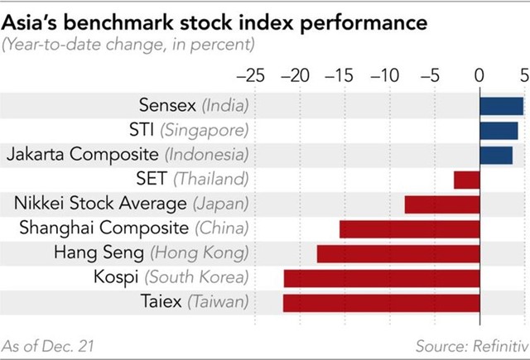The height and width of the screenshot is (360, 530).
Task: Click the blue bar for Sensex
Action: [501, 106]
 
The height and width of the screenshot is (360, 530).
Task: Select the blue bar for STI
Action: [499, 130]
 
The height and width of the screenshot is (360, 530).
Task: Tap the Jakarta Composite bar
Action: [496, 155]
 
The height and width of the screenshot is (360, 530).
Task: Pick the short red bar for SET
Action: [467, 179]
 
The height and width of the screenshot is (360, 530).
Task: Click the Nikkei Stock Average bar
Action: [442, 204]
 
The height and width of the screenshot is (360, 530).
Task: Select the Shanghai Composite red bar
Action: [410, 228]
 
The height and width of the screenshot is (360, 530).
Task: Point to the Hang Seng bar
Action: [398, 253]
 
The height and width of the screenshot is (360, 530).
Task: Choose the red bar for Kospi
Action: [382, 278]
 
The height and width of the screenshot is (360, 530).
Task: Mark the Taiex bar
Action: [382, 302]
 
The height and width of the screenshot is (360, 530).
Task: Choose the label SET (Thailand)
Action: [191, 179]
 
